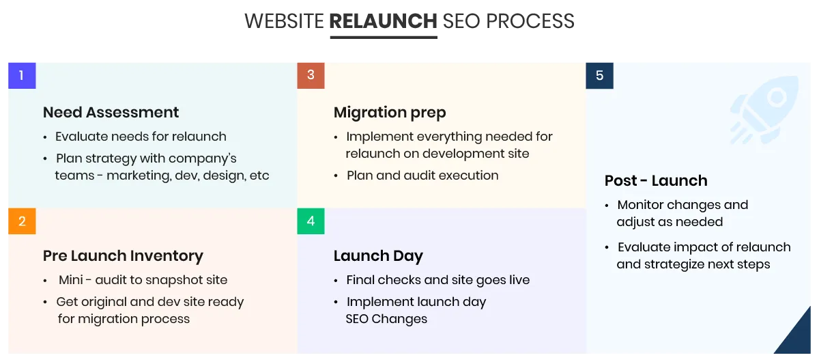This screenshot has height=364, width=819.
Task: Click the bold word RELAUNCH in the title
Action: [x=383, y=21]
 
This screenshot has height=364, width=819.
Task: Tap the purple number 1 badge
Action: [x=22, y=75]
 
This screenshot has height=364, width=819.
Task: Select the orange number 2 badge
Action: [x=22, y=221]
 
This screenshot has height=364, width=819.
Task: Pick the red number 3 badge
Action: [x=311, y=75]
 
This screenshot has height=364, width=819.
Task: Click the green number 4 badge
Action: [x=311, y=221]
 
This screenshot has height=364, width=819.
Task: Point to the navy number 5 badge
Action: [x=600, y=75]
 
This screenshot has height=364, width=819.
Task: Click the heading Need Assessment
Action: [x=111, y=112]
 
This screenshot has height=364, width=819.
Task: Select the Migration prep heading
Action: [x=390, y=113]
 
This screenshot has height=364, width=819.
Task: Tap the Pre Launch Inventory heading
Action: [x=123, y=256]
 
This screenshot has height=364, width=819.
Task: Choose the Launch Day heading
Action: [x=378, y=256]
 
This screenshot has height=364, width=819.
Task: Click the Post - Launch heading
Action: [x=656, y=181]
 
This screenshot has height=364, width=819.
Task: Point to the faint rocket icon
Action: [x=764, y=110]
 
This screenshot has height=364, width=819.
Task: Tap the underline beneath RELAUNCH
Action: [x=384, y=37]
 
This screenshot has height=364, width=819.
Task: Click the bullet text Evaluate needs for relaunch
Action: [x=141, y=137]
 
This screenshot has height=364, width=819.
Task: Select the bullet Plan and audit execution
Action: [x=422, y=176]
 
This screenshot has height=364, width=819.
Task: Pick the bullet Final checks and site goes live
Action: [x=438, y=280]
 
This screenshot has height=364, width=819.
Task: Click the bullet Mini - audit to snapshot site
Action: [x=143, y=280]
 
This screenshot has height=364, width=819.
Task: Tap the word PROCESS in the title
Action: [x=530, y=21]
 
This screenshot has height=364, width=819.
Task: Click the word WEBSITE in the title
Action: [x=284, y=21]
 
